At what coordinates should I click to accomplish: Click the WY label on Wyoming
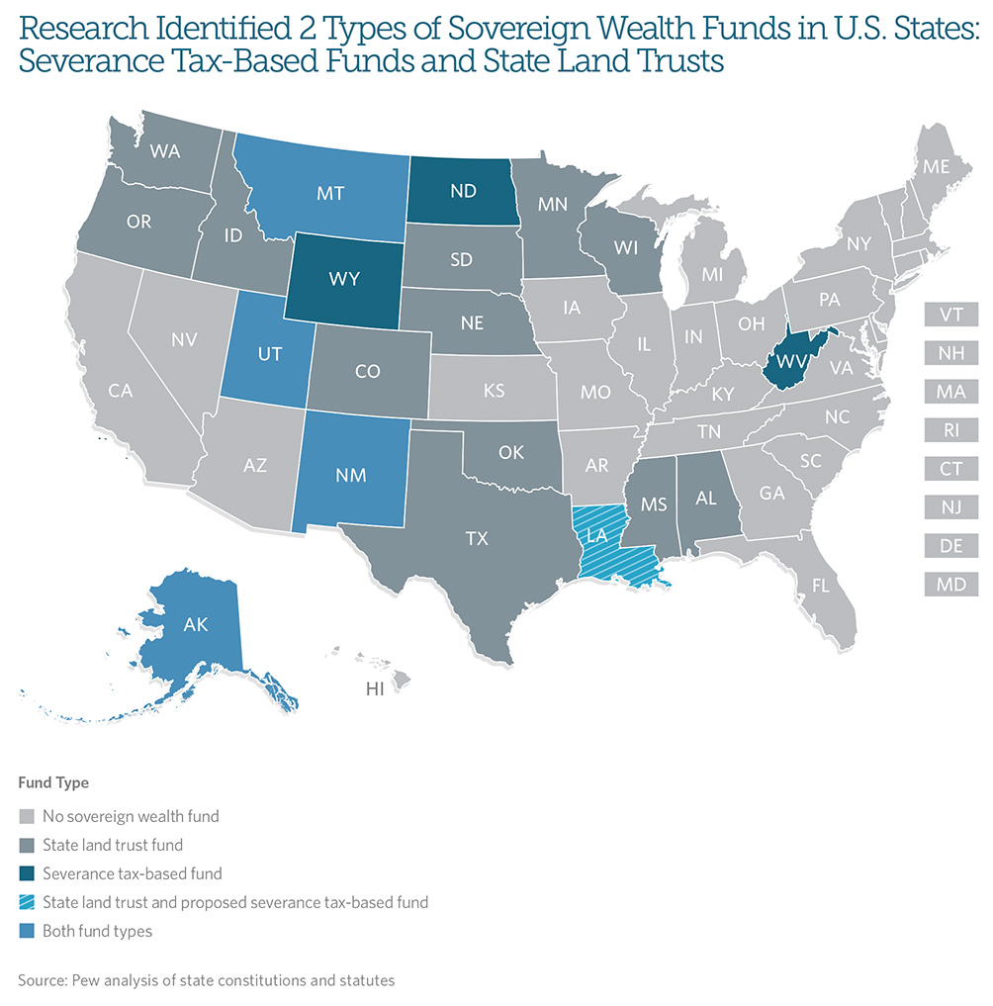click(x=345, y=280)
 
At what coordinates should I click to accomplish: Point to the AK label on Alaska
click(x=195, y=625)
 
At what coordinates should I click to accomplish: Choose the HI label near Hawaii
click(x=375, y=689)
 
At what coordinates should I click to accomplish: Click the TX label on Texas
click(x=478, y=538)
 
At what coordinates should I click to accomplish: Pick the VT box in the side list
click(x=950, y=315)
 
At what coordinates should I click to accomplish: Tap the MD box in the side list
click(x=950, y=585)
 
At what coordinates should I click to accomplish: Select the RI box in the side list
click(x=950, y=430)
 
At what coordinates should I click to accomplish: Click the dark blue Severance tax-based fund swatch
click(x=27, y=873)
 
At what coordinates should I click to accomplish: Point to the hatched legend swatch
click(x=27, y=902)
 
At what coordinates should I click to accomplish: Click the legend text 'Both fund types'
click(x=97, y=931)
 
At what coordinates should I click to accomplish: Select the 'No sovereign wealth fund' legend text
click(x=131, y=816)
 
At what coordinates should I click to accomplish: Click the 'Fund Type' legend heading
click(x=53, y=782)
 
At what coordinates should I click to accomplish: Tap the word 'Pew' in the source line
click(x=88, y=980)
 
